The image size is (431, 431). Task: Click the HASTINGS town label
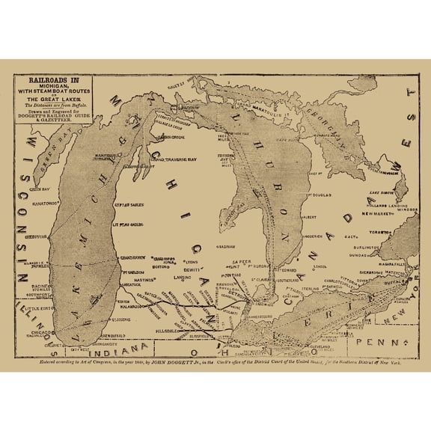point(141,278)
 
